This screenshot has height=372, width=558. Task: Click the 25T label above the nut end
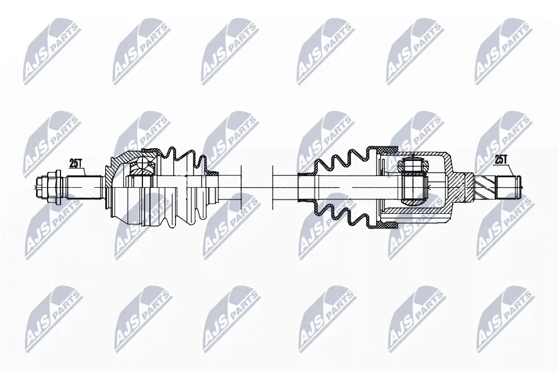tap(74, 164)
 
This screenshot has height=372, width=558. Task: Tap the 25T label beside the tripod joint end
tap(500, 159)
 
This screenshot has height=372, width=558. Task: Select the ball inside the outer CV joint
tap(140, 169)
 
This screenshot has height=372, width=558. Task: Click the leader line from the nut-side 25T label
tap(85, 172)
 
